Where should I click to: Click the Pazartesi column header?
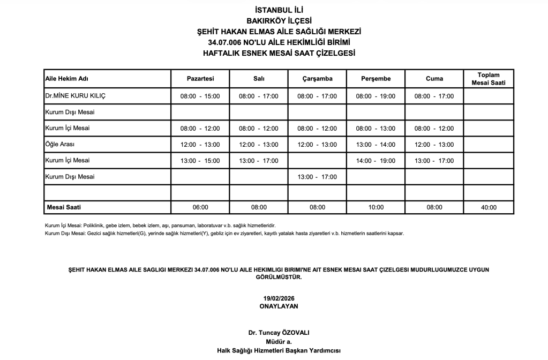tap(200, 79)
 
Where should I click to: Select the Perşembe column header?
tap(376, 79)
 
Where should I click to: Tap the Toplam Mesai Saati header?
tap(488, 79)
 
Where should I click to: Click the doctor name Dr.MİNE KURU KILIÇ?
tap(76, 96)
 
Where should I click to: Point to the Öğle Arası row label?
tap(61, 145)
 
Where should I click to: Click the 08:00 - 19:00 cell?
tap(376, 96)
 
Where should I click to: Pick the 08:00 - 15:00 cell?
tap(200, 96)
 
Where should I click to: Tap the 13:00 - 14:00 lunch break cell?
tap(376, 145)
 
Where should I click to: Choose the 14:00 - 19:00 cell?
tap(376, 161)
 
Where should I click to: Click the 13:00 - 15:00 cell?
tap(200, 161)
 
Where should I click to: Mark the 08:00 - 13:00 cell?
tap(376, 129)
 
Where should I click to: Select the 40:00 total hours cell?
tap(488, 207)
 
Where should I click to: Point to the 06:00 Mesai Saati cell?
tap(200, 207)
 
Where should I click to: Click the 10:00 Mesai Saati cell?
tap(376, 207)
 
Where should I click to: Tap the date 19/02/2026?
tap(279, 298)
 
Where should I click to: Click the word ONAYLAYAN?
tap(279, 306)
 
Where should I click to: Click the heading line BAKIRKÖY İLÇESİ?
tap(279, 21)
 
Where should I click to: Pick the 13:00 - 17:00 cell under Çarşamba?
tap(317, 176)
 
